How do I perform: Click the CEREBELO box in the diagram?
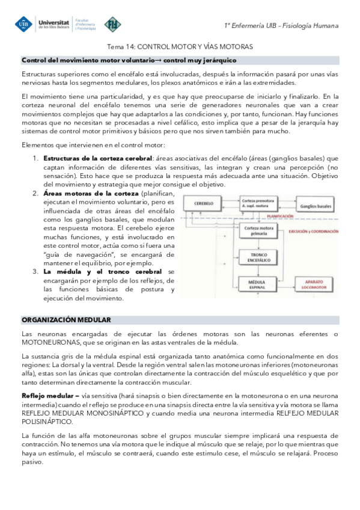pos(206,204)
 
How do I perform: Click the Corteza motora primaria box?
pos(257,231)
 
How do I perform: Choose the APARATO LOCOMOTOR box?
pos(315,283)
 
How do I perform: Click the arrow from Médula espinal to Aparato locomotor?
pos(284,283)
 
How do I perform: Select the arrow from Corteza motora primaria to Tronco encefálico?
pos(257,244)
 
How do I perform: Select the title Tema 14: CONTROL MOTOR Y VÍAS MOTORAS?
pos(180,46)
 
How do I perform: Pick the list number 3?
pos(35,272)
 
